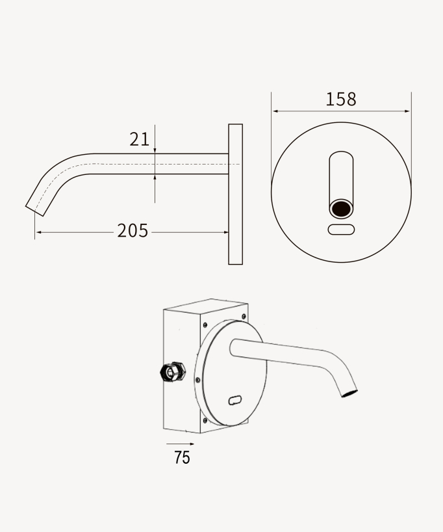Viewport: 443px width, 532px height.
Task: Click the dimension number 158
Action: (x=341, y=100)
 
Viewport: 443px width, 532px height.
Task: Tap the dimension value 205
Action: (x=133, y=231)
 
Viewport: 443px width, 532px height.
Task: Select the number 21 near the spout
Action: (x=140, y=139)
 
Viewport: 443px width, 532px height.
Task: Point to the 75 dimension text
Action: (x=182, y=458)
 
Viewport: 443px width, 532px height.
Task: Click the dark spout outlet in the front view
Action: (x=341, y=209)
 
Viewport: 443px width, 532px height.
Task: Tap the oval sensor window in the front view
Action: (x=341, y=229)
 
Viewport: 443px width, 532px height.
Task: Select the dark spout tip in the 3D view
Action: (x=349, y=392)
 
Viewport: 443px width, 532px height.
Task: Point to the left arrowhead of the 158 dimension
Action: (x=275, y=111)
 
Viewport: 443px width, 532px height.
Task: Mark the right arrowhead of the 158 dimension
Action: (x=408, y=111)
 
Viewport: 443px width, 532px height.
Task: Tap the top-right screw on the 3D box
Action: (x=244, y=317)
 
